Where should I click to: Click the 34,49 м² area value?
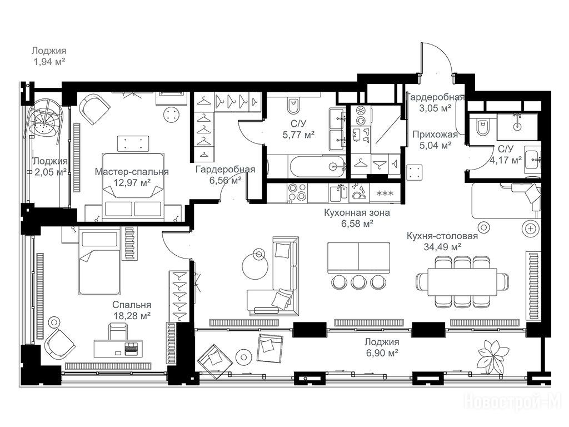tap(442, 247)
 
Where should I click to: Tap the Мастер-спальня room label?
tap(132, 172)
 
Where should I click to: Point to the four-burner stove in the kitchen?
tap(297, 192)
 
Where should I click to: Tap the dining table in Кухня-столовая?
tap(462, 282)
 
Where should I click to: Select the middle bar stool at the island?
tap(359, 281)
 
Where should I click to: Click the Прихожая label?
tap(435, 135)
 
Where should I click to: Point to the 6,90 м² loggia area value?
tap(382, 352)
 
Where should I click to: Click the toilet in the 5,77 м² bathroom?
tap(293, 105)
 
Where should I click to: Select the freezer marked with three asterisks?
tap(386, 193)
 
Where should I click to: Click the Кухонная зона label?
tap(357, 213)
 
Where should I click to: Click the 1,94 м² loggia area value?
tap(49, 62)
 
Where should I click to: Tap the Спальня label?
tap(132, 305)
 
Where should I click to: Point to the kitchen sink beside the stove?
tap(338, 193)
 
